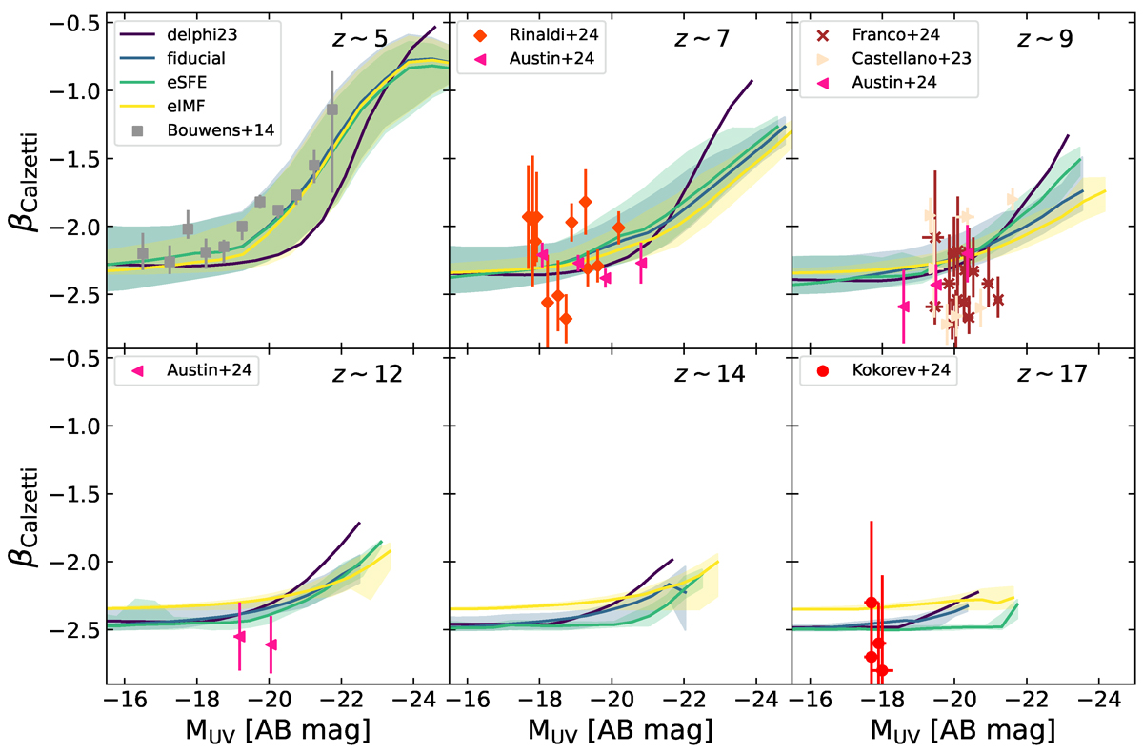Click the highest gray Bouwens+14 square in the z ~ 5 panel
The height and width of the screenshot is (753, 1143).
[332, 109]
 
